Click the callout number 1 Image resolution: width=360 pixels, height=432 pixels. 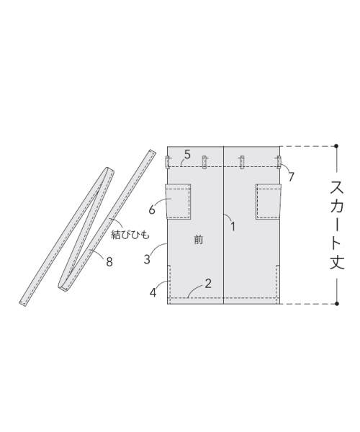click(233, 227)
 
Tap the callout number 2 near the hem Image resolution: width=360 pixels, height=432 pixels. click(208, 284)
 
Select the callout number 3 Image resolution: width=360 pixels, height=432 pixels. click(147, 259)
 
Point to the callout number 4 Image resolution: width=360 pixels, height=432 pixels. click(153, 292)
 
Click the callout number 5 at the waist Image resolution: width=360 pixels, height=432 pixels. click(187, 155)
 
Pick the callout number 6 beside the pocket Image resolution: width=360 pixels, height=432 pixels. click(152, 210)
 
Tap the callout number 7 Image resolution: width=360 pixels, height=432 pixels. click(291, 176)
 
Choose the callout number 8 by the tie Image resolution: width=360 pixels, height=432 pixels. click(109, 262)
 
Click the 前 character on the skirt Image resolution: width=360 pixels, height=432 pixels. click(198, 240)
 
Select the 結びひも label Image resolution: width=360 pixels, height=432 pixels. click(130, 235)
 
